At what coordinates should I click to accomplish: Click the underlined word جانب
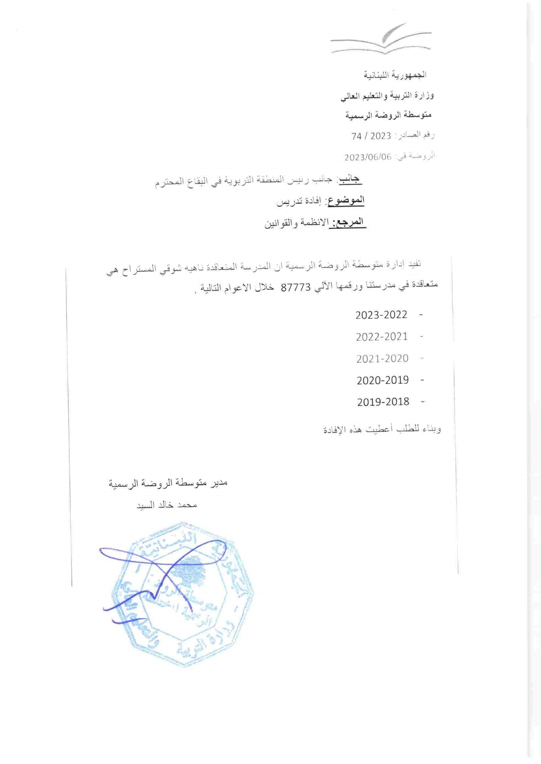(350, 180)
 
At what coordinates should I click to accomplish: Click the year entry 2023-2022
(381, 315)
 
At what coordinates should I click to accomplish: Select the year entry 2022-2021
(382, 337)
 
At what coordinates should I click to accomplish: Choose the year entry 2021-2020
(382, 358)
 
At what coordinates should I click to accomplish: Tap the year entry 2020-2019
(382, 380)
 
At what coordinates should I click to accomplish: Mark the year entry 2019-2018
(383, 402)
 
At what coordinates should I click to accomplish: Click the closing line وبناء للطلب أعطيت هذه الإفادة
(382, 430)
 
